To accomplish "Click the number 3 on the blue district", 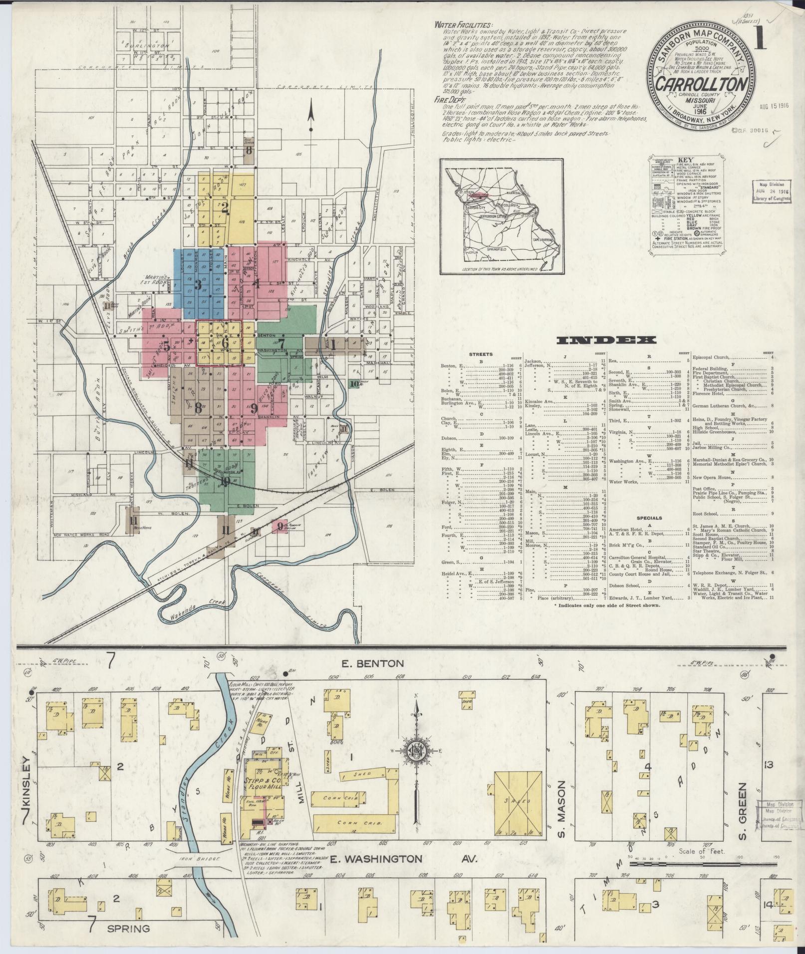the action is [198, 285].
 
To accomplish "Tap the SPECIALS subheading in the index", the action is [649, 518].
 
